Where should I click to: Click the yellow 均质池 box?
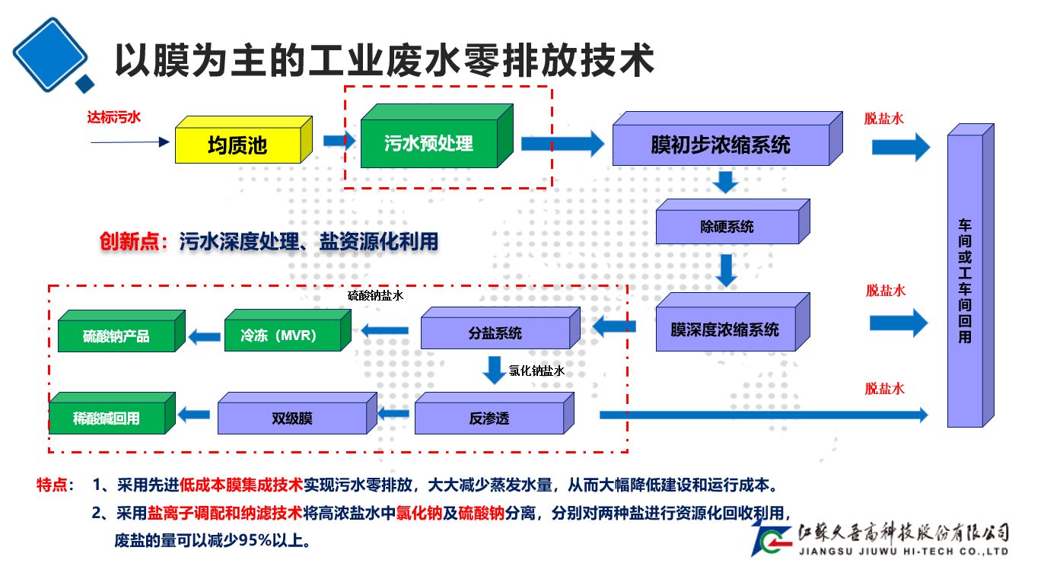point(238,145)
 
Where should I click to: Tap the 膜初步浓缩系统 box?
point(720,145)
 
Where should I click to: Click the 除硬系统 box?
point(727,227)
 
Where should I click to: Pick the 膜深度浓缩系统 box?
point(724,329)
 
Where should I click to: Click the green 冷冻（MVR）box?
point(278,335)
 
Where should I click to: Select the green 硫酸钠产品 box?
point(116,336)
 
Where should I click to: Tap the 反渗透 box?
point(489,418)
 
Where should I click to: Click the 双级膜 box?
point(292,418)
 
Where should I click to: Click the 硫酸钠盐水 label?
point(375,295)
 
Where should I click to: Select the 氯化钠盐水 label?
point(536,371)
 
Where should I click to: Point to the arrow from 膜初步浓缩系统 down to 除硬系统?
point(725,182)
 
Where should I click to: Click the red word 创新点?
point(133,241)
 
